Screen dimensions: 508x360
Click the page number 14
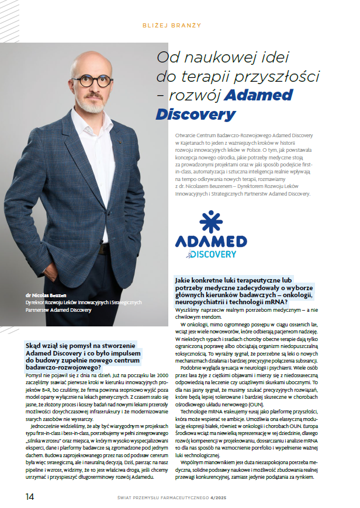pyautogui.click(x=29, y=496)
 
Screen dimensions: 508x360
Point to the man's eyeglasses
pyautogui.click(x=94, y=81)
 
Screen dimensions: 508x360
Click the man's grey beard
pyautogui.click(x=94, y=103)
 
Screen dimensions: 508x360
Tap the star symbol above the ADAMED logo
pyautogui.click(x=210, y=222)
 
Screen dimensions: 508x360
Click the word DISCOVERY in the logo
pyautogui.click(x=212, y=255)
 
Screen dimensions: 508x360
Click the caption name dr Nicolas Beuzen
pyautogui.click(x=46, y=296)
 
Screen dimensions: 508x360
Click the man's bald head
pyautogui.click(x=94, y=60)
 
